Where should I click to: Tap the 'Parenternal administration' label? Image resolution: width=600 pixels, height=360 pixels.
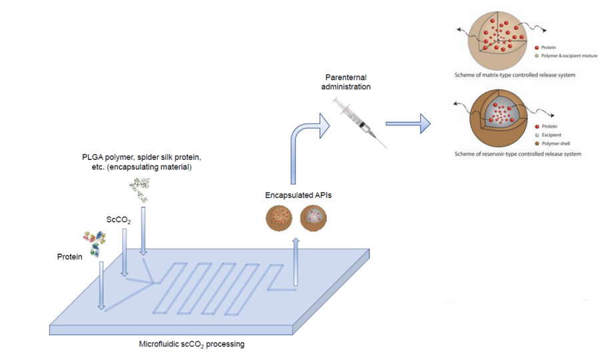345,82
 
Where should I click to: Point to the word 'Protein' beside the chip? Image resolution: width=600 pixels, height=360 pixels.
70,256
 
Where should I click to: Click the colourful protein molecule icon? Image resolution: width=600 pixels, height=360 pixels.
93,243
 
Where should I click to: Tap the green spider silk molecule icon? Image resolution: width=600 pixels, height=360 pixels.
143,191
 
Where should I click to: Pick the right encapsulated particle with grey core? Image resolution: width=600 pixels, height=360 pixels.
313,218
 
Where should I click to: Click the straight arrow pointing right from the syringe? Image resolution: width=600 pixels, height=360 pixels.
407,123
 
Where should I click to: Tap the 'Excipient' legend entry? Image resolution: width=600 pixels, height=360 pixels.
555,135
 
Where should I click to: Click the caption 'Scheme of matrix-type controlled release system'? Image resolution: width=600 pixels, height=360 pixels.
515,75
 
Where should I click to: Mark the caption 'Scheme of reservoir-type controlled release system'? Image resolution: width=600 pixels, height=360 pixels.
517,154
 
